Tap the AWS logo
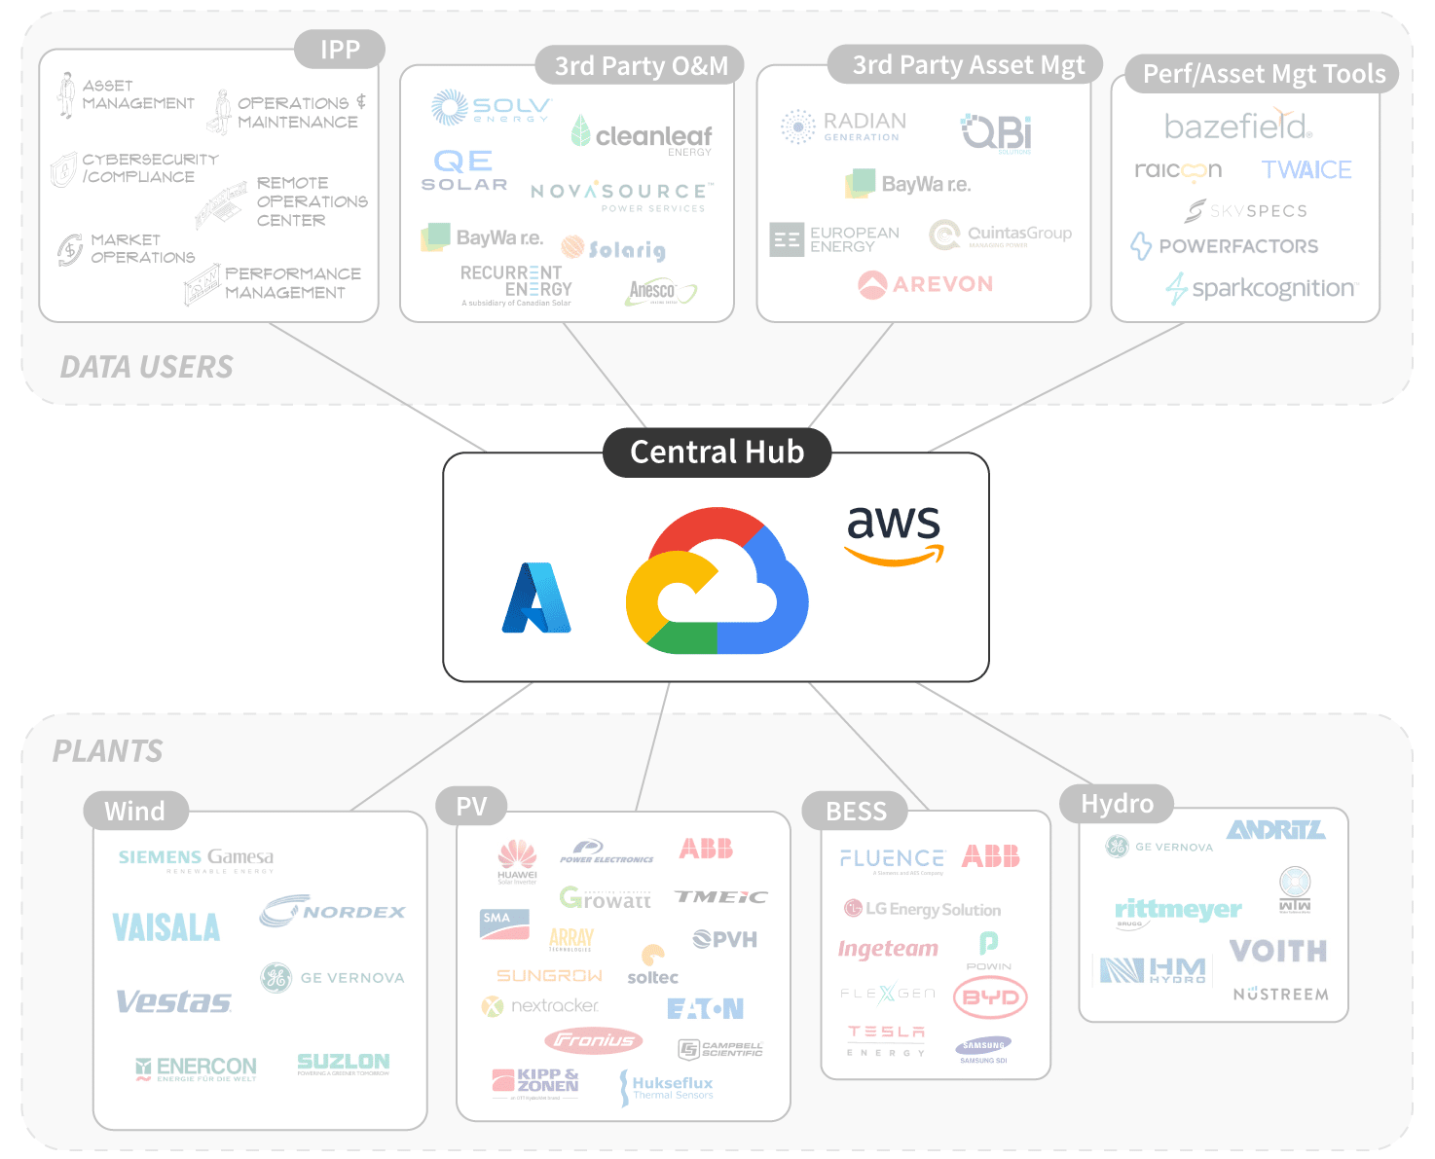[894, 534]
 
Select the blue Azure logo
[536, 598]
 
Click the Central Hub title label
[717, 453]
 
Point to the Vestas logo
[173, 1001]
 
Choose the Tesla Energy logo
[885, 1038]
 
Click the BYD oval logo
[990, 997]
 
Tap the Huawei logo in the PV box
[517, 860]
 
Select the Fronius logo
[594, 1040]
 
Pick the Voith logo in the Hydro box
[1277, 951]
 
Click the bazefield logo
[1238, 126]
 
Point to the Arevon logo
[925, 284]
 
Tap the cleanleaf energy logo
[643, 135]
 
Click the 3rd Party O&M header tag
[641, 66]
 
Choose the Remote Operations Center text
[311, 201]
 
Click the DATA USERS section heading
[147, 367]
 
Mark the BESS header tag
[855, 811]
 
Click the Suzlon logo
[343, 1063]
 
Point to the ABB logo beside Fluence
[990, 856]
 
